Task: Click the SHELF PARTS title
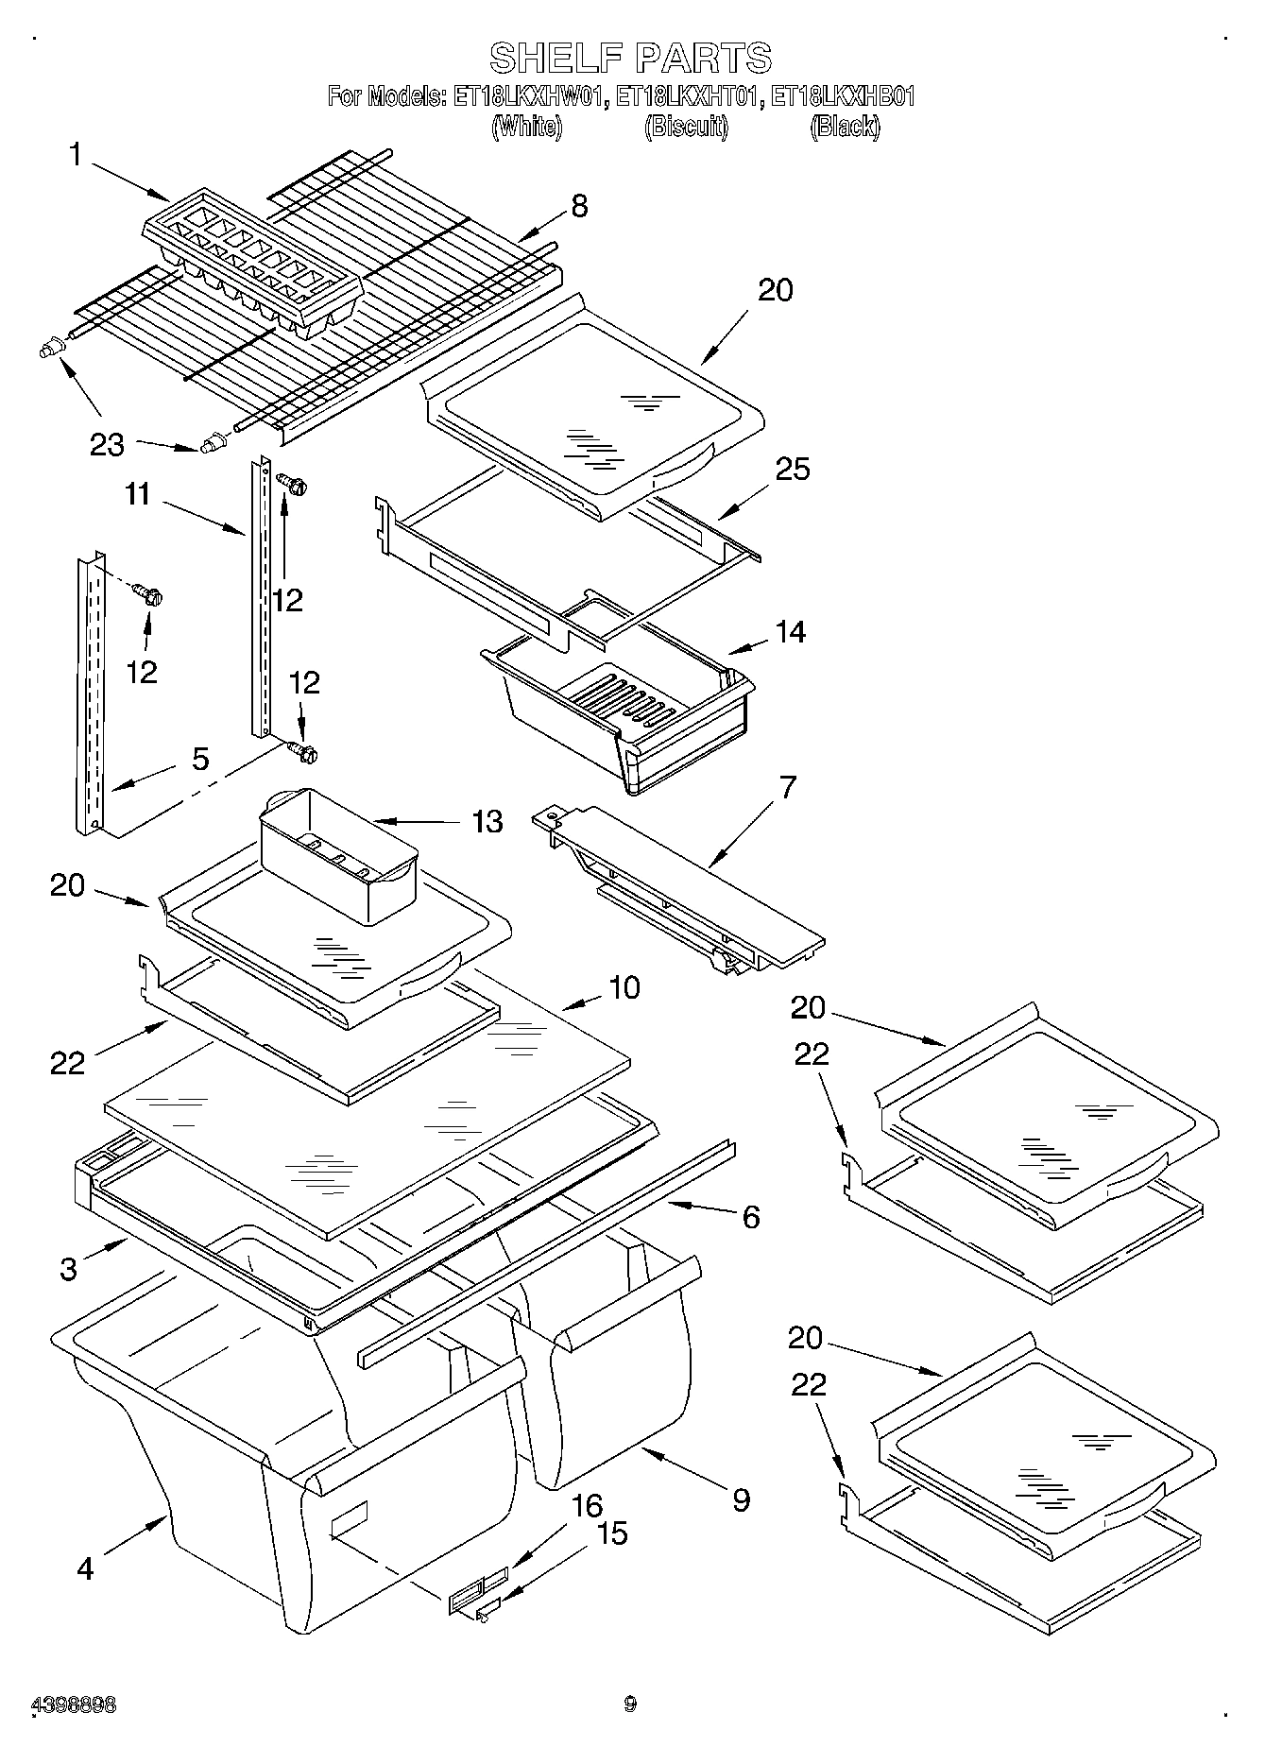(x=630, y=58)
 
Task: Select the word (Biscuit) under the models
(x=686, y=127)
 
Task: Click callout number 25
(x=792, y=469)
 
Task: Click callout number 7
(x=786, y=786)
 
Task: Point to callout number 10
(x=624, y=988)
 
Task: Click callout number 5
(x=199, y=759)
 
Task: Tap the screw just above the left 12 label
(x=147, y=595)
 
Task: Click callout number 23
(x=107, y=444)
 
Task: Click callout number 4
(x=85, y=1568)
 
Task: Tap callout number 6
(x=750, y=1216)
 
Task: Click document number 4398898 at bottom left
(x=75, y=1705)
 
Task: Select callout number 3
(x=68, y=1269)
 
